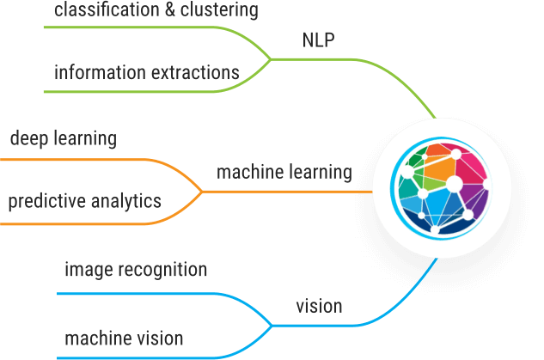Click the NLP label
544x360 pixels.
coord(320,41)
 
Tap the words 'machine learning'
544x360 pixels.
coord(284,173)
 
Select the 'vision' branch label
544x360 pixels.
coord(319,306)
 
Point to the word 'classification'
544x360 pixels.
coord(101,11)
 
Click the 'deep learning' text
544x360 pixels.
coord(63,138)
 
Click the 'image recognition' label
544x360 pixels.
coord(136,270)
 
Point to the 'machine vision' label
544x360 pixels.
coord(124,338)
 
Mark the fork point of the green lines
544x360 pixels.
coord(271,59)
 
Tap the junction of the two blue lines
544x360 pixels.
coord(272,325)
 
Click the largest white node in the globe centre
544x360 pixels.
coord(455,184)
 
